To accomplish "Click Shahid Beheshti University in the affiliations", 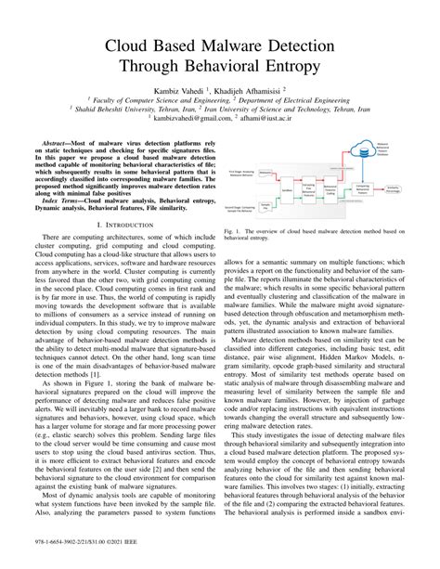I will point(114,108).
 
